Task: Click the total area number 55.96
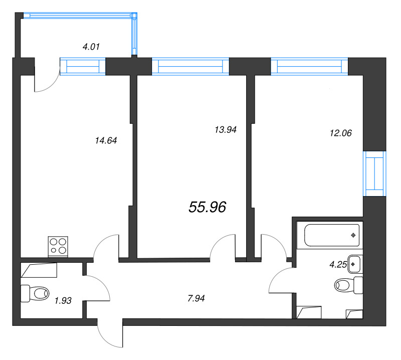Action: (208, 207)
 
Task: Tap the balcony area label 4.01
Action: (91, 47)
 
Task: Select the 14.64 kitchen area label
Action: (106, 140)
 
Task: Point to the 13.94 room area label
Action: (226, 130)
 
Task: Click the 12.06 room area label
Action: (341, 133)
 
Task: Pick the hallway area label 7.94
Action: (196, 298)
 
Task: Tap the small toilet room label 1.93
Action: (63, 301)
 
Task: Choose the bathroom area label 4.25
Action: (338, 265)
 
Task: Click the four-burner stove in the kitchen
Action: (58, 246)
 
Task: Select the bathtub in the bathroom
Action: (332, 235)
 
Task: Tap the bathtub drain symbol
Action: (353, 235)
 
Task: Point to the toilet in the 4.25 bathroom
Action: (348, 285)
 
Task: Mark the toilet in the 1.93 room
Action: (35, 293)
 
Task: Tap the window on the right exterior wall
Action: (374, 173)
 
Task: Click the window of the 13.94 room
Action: (190, 67)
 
